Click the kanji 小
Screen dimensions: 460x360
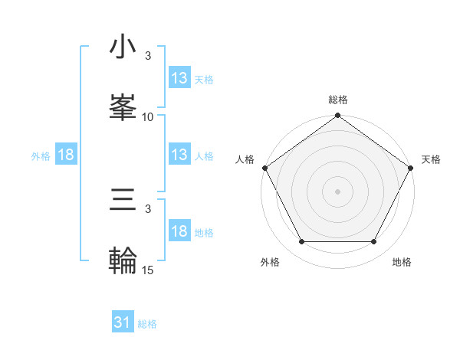[123, 47]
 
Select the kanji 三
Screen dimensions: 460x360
[123, 201]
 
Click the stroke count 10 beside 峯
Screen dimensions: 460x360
[148, 117]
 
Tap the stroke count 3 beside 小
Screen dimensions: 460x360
[148, 56]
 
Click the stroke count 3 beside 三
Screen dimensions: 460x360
[148, 209]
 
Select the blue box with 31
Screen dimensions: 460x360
[123, 323]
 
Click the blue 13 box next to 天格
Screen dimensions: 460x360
[179, 78]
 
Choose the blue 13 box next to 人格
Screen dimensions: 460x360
[179, 155]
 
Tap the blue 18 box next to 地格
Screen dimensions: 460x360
[179, 231]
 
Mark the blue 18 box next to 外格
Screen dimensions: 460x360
[66, 155]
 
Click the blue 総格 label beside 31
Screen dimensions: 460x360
[147, 324]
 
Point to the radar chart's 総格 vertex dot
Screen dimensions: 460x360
[337, 116]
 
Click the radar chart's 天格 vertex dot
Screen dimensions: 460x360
[411, 168]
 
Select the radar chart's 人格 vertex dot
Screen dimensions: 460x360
[265, 168]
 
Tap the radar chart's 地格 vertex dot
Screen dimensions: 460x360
[374, 242]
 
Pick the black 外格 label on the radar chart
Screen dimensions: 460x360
[270, 263]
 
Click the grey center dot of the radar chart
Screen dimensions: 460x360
[337, 191]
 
